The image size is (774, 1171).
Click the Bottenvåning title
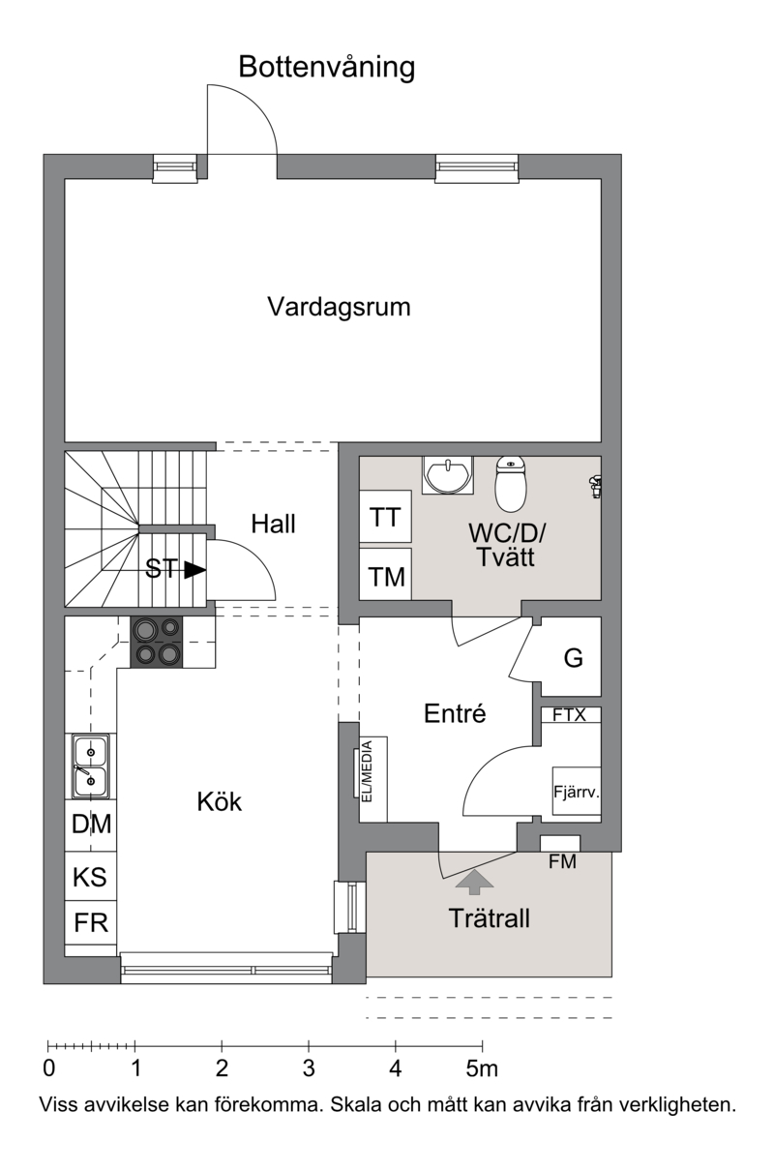pyautogui.click(x=327, y=68)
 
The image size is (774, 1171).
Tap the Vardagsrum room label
pyautogui.click(x=340, y=307)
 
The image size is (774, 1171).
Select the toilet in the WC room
pyautogui.click(x=511, y=484)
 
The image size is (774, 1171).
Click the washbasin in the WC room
pyautogui.click(x=448, y=474)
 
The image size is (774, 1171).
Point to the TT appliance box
pyautogui.click(x=385, y=517)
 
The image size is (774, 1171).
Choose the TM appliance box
pyautogui.click(x=385, y=574)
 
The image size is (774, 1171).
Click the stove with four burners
pyautogui.click(x=157, y=642)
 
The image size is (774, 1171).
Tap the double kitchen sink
pyautogui.click(x=91, y=766)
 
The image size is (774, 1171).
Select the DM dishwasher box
pyautogui.click(x=91, y=825)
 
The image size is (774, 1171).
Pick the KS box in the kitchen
pyautogui.click(x=91, y=876)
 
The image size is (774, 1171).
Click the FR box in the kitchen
pyautogui.click(x=91, y=922)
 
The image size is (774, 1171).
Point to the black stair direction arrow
pyautogui.click(x=195, y=570)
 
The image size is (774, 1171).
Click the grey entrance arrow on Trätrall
pyautogui.click(x=474, y=881)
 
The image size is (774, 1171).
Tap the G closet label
pyautogui.click(x=573, y=658)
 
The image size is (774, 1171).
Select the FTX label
pyautogui.click(x=569, y=714)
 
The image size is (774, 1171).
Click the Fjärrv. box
pyautogui.click(x=577, y=791)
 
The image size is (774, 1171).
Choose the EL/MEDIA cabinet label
pyautogui.click(x=367, y=771)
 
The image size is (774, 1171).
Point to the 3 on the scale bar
pyautogui.click(x=309, y=1068)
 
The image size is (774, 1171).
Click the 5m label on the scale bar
pyautogui.click(x=482, y=1068)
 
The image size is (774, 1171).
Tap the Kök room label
pyautogui.click(x=220, y=802)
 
